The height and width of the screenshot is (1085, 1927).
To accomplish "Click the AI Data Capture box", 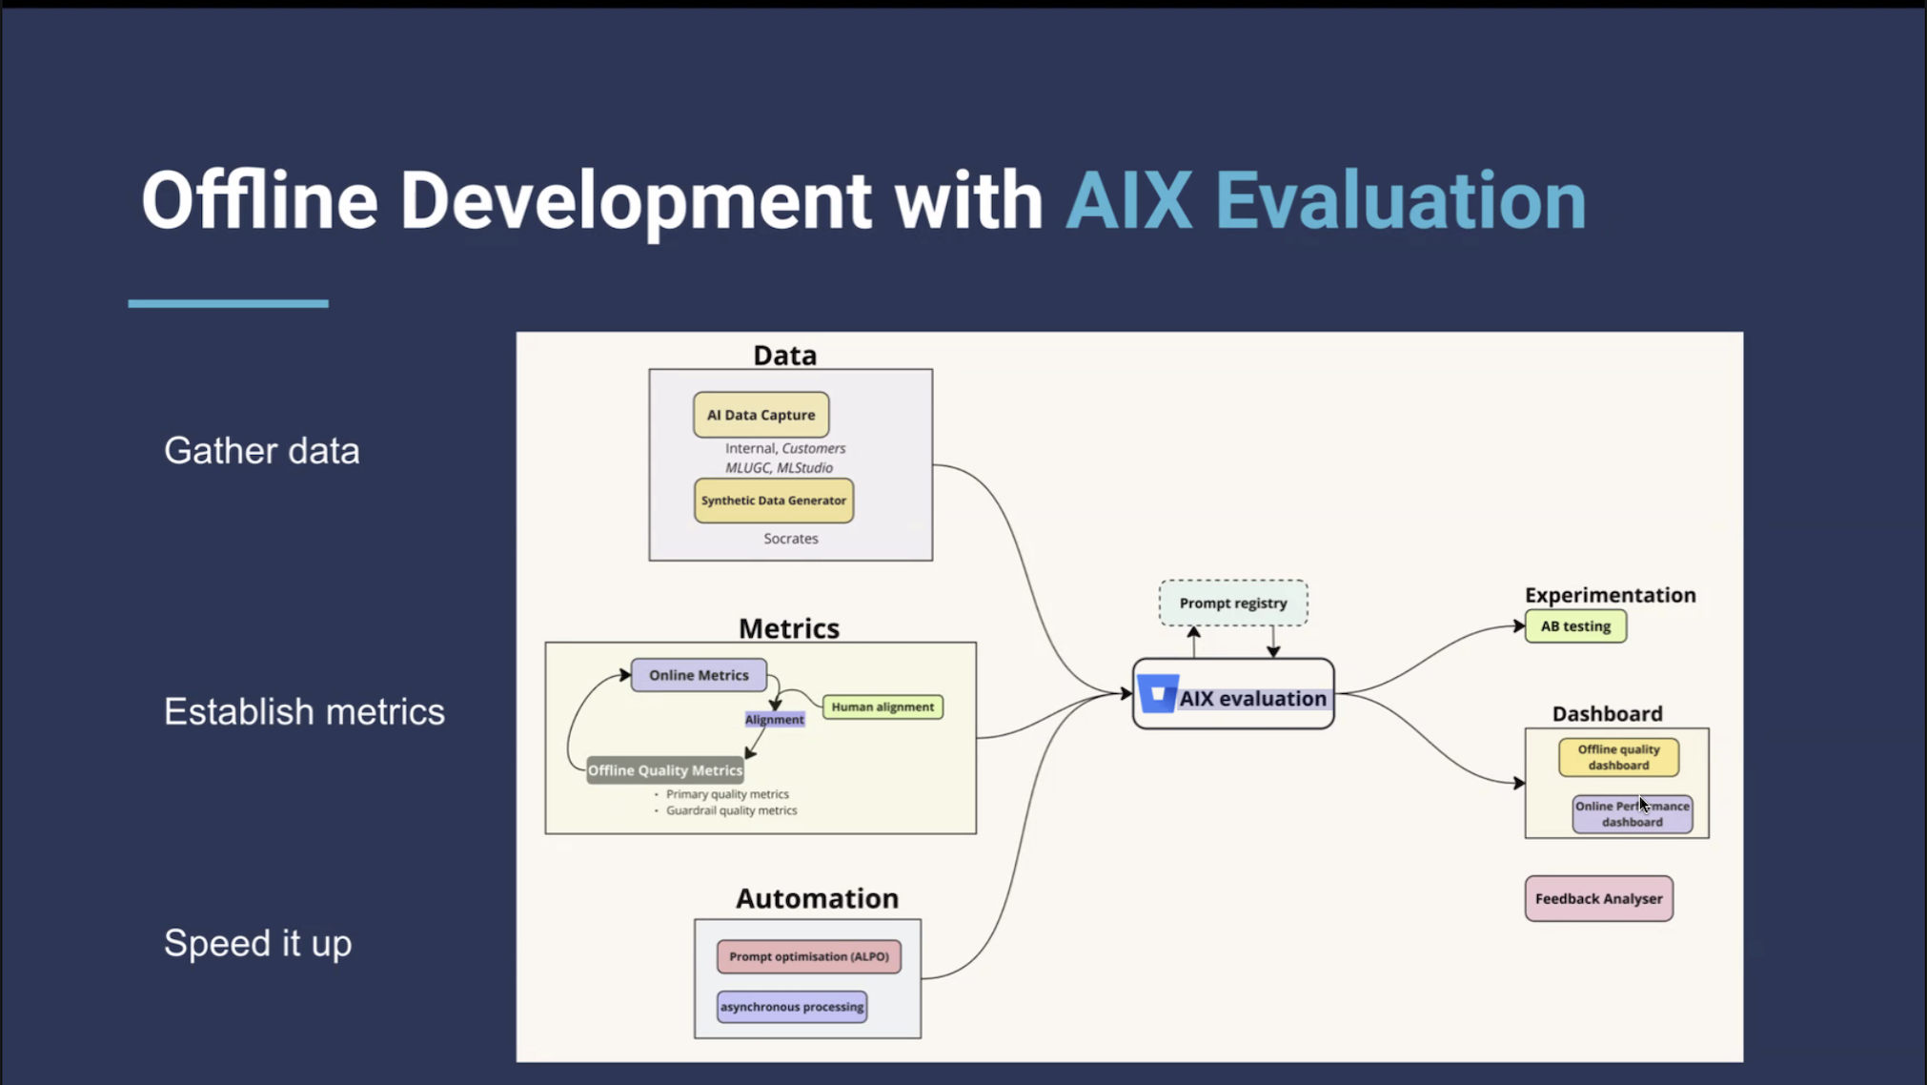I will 761,415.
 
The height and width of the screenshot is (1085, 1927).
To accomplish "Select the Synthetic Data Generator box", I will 773,501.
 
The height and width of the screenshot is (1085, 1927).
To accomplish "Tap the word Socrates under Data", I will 790,539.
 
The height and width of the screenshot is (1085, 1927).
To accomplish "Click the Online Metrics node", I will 699,675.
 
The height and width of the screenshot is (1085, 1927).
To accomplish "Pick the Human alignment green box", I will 882,706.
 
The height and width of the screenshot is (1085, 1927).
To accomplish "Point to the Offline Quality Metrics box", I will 664,770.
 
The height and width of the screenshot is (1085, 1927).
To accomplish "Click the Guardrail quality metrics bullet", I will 730,810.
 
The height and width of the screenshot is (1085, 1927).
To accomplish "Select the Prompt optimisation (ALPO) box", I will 808,956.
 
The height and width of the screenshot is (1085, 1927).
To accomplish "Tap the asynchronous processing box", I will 791,1007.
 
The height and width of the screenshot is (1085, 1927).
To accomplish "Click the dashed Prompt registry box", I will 1232,603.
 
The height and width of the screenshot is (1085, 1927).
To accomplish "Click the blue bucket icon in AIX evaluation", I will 1158,694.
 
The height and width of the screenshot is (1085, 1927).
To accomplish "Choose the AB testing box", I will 1575,626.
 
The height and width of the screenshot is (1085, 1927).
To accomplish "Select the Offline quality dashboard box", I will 1618,757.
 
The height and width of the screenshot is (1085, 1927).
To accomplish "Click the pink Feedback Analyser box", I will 1598,898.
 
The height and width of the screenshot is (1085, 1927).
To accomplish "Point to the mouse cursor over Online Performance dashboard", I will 1643,804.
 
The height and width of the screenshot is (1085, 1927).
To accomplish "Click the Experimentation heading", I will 1610,595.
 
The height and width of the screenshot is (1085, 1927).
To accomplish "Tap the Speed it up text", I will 257,943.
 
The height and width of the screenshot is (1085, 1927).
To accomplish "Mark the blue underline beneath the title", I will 228,303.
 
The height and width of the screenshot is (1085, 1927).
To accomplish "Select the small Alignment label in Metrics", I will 774,720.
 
